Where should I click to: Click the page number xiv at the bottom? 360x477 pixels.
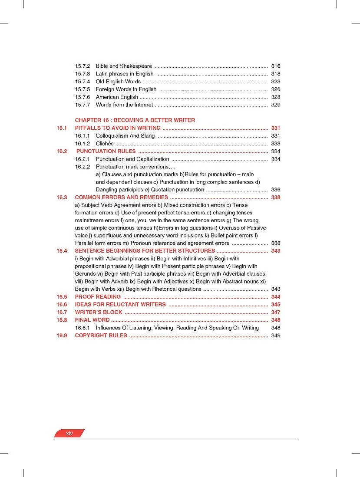pyautogui.click(x=69, y=434)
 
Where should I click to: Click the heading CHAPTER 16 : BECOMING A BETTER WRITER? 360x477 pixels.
pyautogui.click(x=135, y=120)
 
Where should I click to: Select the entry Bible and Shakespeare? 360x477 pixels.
pyautogui.click(x=124, y=66)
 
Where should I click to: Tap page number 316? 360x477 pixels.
pyautogui.click(x=275, y=66)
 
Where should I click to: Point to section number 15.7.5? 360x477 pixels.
pyautogui.click(x=82, y=89)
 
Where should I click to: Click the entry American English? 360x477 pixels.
pyautogui.click(x=117, y=97)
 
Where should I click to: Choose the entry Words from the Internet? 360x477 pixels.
pyautogui.click(x=124, y=105)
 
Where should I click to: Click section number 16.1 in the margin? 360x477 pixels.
pyautogui.click(x=62, y=128)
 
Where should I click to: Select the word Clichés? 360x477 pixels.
pyautogui.click(x=105, y=144)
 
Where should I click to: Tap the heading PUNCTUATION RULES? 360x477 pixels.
pyautogui.click(x=106, y=151)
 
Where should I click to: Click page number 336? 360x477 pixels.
pyautogui.click(x=275, y=190)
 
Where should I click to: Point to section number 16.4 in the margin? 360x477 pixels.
pyautogui.click(x=62, y=251)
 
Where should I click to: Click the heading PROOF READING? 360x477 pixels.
pyautogui.click(x=98, y=297)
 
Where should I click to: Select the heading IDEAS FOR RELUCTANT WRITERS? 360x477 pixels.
pyautogui.click(x=120, y=305)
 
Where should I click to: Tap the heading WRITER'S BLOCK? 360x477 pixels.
pyautogui.click(x=99, y=313)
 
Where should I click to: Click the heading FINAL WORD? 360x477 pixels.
pyautogui.click(x=92, y=320)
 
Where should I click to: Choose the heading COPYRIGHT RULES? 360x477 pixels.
pyautogui.click(x=101, y=336)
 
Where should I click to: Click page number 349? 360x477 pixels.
pyautogui.click(x=275, y=336)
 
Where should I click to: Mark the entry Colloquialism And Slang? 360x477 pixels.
pyautogui.click(x=125, y=136)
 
